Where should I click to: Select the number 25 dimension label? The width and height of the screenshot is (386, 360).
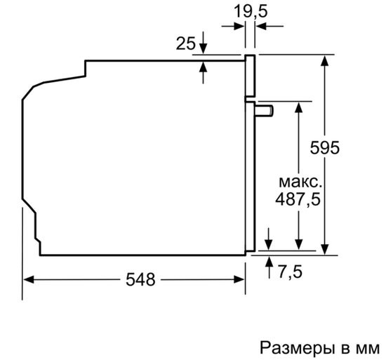[x=185, y=44]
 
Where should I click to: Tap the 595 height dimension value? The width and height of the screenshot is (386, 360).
[x=325, y=148]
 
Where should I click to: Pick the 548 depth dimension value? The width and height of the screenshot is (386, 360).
[x=140, y=279]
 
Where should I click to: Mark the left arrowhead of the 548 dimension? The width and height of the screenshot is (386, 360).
[x=29, y=279]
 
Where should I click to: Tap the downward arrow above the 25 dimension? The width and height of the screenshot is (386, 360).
[x=204, y=46]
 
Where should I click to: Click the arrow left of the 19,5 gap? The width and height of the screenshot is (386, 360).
[x=239, y=26]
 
